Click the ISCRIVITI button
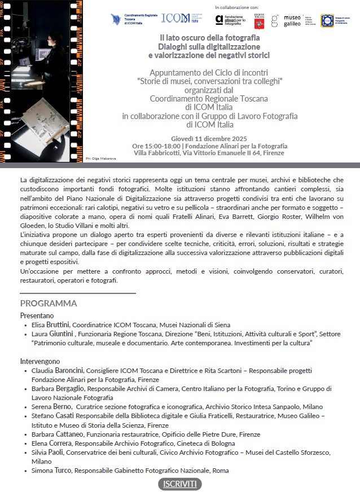pos(180,484)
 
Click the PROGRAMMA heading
pos(49,304)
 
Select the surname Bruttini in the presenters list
pos(58,325)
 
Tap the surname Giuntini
pos(62,334)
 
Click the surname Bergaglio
pos(69,388)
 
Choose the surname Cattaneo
pos(70,434)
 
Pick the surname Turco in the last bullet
pos(62,470)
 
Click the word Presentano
pos(37,315)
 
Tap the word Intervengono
pos(40,361)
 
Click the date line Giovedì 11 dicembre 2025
pos(208,139)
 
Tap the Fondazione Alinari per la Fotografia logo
pos(231,21)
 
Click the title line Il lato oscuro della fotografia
pos(208,37)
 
